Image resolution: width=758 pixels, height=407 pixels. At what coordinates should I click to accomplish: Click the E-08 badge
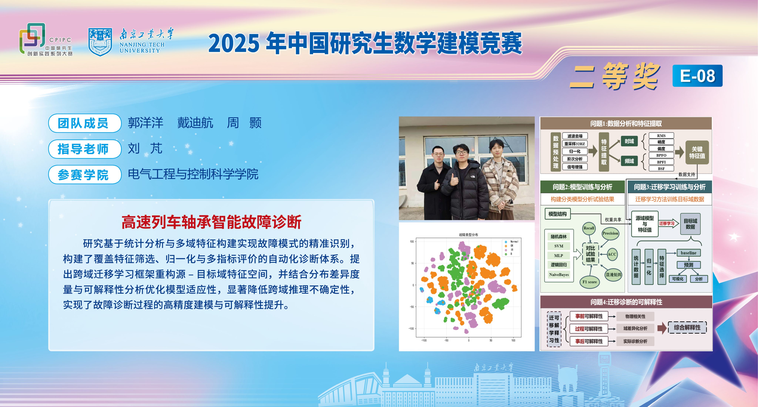point(697,76)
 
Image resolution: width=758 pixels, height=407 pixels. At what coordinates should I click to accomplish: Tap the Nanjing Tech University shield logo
point(100,42)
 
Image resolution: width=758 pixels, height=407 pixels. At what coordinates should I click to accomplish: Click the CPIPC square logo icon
point(32,38)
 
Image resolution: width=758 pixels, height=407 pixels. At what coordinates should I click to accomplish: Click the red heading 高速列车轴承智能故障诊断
point(212,222)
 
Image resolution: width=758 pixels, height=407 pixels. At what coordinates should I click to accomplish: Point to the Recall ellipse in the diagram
point(589,228)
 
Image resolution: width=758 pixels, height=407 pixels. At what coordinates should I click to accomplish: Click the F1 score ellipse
point(590,282)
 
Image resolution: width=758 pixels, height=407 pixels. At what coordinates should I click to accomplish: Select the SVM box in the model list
point(559,246)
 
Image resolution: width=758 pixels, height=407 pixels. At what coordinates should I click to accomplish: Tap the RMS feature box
point(661,136)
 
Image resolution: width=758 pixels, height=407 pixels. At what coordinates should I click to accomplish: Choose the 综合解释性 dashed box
point(687,327)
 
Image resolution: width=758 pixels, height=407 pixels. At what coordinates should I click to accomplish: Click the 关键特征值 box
point(697,152)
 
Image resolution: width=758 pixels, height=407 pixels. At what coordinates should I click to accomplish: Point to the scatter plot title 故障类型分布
point(468,235)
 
